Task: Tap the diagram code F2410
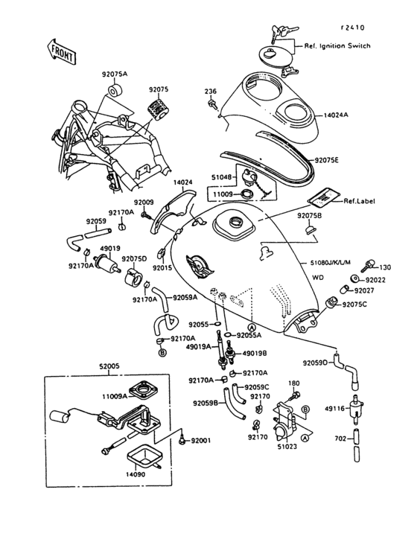point(353,28)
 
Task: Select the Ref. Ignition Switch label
point(337,46)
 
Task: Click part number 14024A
point(337,116)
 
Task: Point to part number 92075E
point(326,160)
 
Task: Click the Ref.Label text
point(357,201)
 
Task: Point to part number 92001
point(201,441)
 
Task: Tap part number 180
point(293,383)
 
